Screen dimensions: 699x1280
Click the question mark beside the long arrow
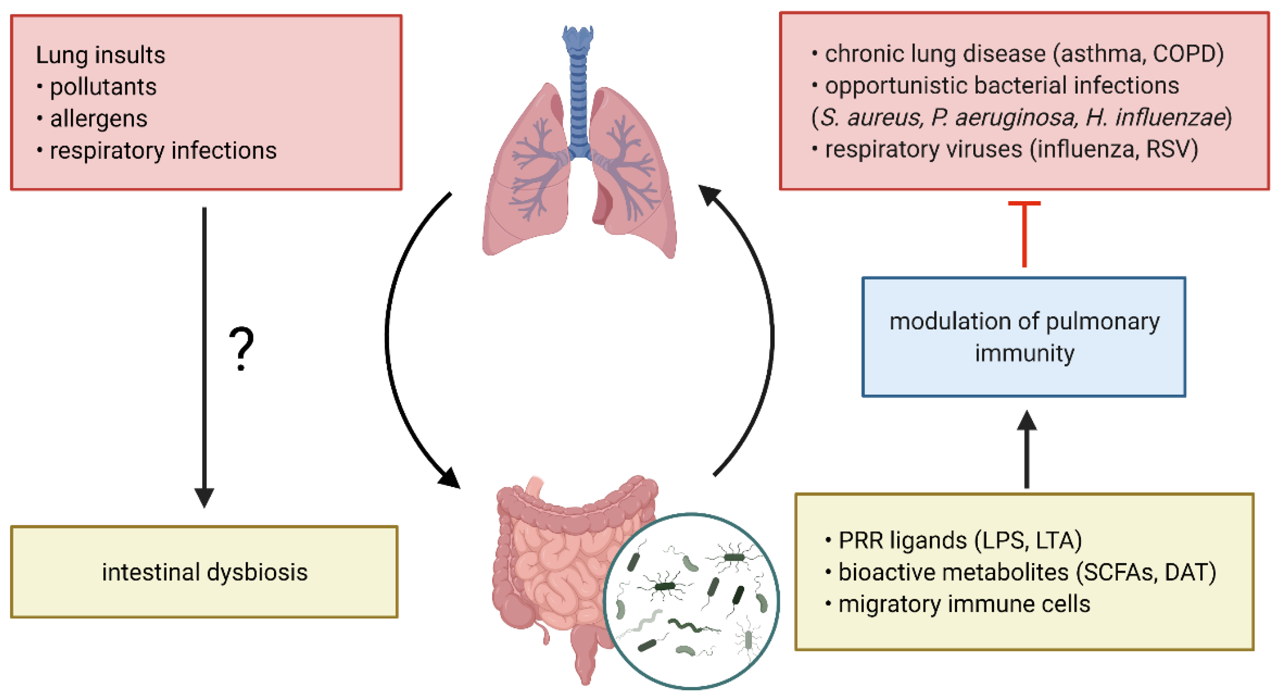pyautogui.click(x=241, y=349)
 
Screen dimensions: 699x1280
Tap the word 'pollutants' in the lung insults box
pyautogui.click(x=104, y=87)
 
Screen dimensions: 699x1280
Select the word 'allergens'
pyautogui.click(x=99, y=119)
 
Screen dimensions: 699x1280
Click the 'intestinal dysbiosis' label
pyautogui.click(x=205, y=572)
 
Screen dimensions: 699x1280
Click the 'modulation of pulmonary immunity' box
pyautogui.click(x=1024, y=337)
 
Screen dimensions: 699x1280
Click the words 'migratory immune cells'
pyautogui.click(x=964, y=604)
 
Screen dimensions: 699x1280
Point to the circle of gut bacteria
pyautogui.click(x=691, y=601)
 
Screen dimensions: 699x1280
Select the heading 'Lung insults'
pyautogui.click(x=100, y=55)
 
